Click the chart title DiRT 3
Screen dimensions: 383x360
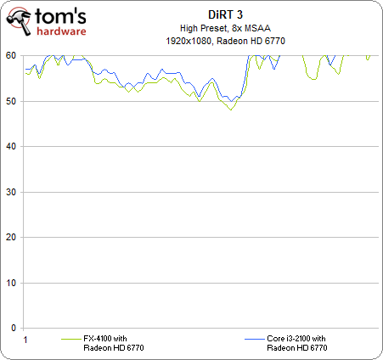click(225, 14)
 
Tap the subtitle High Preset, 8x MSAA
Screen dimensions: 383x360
click(225, 28)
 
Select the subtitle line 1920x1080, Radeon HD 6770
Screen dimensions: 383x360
click(225, 41)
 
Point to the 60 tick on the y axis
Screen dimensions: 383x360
click(11, 55)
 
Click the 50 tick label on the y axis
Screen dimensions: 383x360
click(11, 101)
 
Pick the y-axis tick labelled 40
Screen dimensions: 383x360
click(11, 146)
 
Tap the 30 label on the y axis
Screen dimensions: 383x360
click(11, 192)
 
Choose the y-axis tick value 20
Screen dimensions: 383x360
click(11, 237)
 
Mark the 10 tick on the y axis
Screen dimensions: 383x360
click(11, 283)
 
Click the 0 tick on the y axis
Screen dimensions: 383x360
click(14, 328)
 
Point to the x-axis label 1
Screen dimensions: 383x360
click(25, 340)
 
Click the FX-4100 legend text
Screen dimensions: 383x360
click(114, 343)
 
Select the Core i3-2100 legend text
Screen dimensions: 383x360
click(297, 343)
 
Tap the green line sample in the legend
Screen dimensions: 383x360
click(71, 339)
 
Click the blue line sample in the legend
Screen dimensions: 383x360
click(255, 339)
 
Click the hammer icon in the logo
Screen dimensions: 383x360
click(19, 21)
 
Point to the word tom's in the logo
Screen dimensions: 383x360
click(60, 16)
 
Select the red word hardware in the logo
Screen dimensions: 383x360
click(61, 31)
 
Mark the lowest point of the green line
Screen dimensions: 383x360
click(231, 110)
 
